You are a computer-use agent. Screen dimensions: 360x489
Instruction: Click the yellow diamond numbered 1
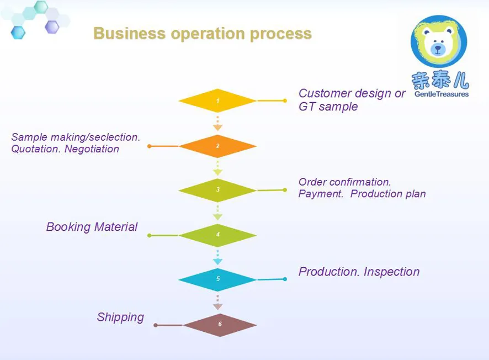[x=217, y=101]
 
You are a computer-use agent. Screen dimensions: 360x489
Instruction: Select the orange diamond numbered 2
[x=217, y=146]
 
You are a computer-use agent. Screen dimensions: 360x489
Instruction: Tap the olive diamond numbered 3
[x=217, y=190]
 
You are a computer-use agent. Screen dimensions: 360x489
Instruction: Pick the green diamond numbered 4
[x=217, y=235]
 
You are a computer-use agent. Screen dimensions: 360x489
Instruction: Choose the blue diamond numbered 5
[x=217, y=279]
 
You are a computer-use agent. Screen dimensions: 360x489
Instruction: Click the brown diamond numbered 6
[x=220, y=325]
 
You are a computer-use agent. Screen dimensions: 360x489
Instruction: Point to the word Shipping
[x=120, y=317]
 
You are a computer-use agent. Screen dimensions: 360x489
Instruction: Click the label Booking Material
[x=92, y=227]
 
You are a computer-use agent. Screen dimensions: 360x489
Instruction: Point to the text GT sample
[x=328, y=107]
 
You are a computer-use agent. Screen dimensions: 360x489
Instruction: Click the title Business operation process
[x=203, y=34]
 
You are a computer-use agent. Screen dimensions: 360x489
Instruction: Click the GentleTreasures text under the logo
[x=440, y=94]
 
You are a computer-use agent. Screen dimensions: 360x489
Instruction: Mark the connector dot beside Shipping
[x=156, y=325]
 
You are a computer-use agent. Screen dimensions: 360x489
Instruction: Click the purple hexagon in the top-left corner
[x=52, y=26]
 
